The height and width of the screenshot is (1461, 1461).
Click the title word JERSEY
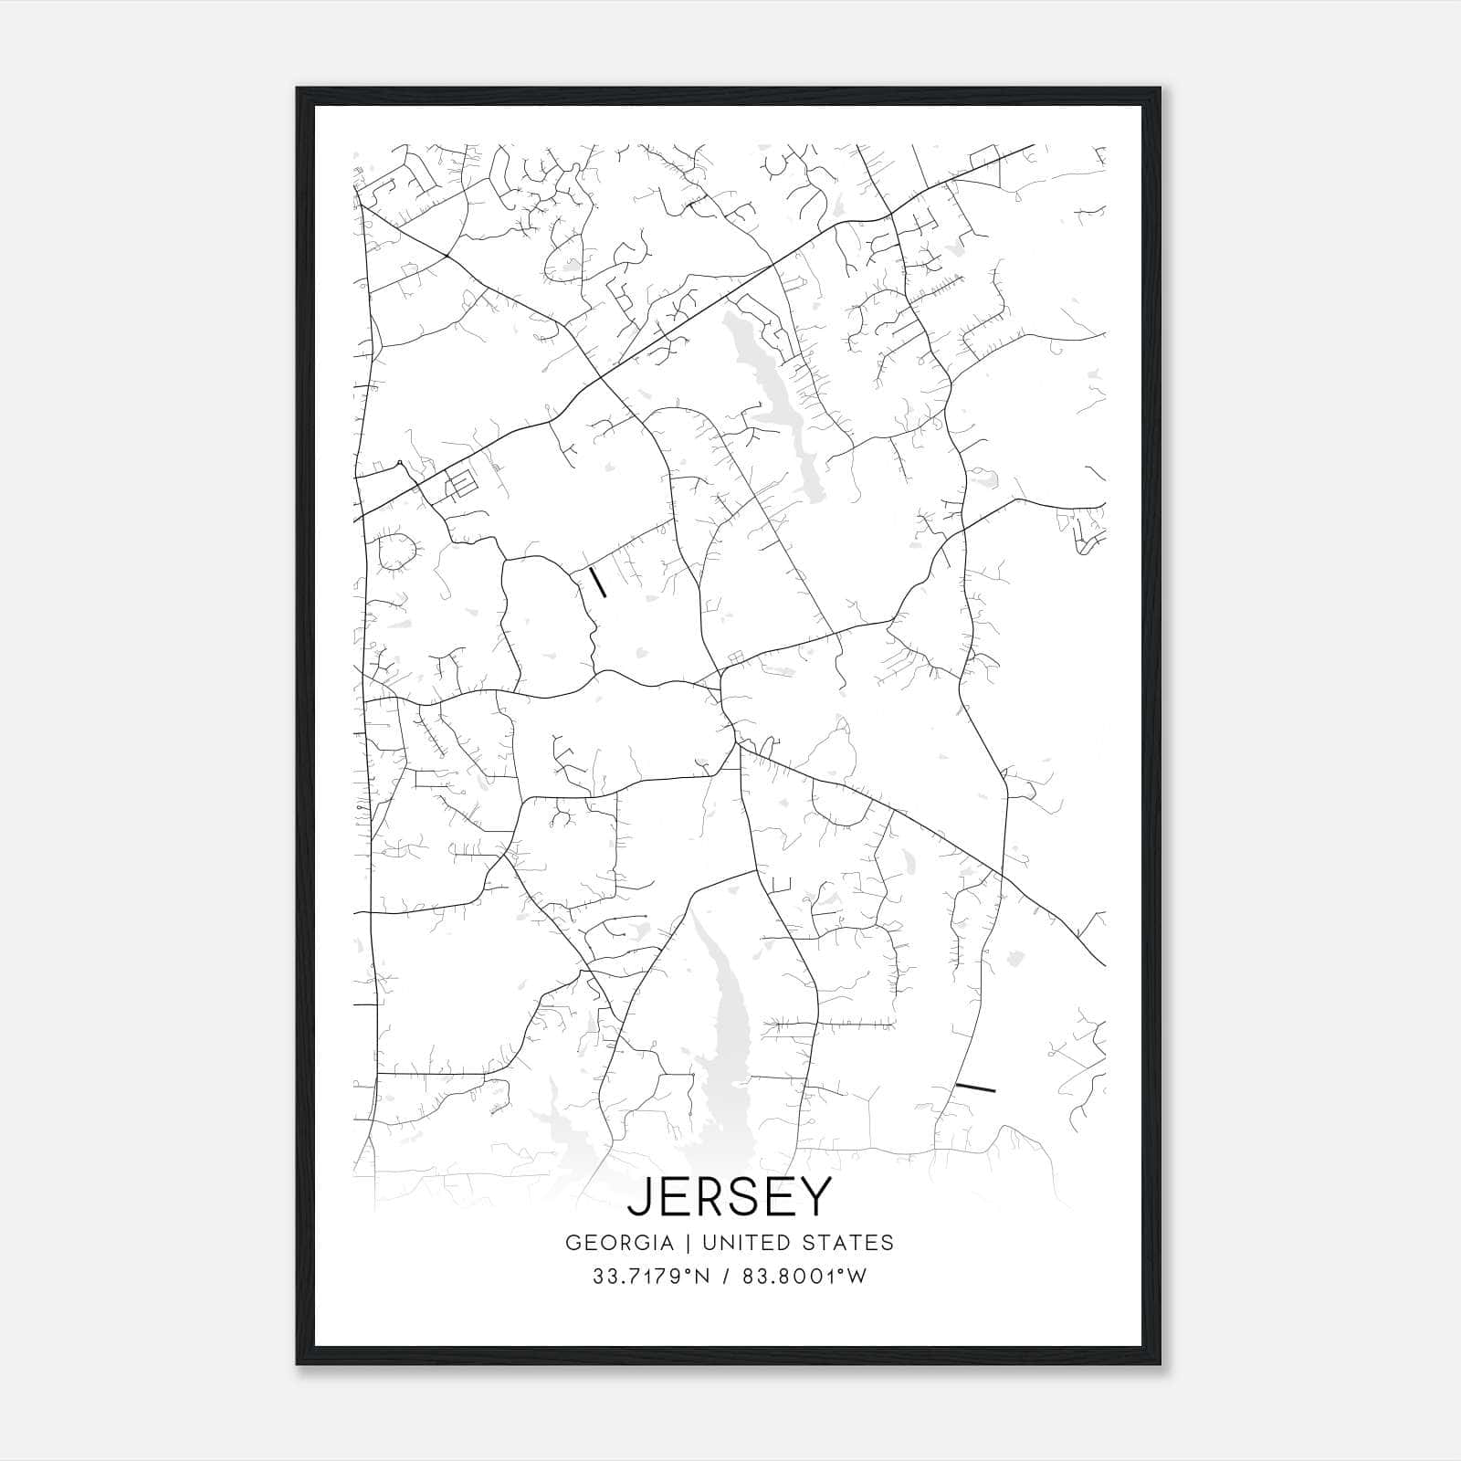point(730,1196)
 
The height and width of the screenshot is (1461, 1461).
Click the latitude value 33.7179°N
point(650,1277)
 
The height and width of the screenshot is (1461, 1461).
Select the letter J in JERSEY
point(640,1197)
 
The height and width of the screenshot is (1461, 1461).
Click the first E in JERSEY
point(674,1196)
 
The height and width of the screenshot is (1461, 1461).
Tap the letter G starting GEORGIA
point(573,1243)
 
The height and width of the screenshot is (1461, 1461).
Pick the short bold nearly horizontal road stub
point(974,1087)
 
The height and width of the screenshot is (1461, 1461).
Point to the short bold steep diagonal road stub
point(597,582)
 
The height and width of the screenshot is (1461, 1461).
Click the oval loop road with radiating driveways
point(396,552)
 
